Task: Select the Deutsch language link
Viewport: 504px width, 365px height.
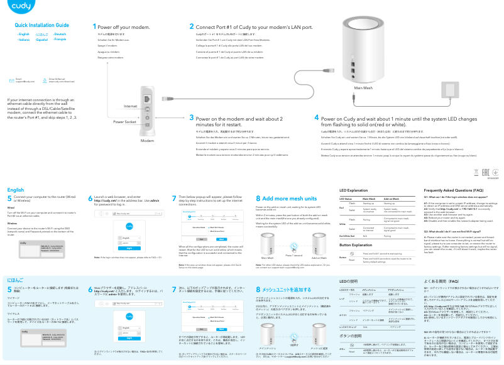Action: click(x=61, y=34)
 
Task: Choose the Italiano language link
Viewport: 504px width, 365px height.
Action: click(x=24, y=40)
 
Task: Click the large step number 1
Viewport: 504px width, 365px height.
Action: click(x=94, y=27)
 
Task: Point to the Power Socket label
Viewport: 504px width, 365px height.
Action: click(x=125, y=122)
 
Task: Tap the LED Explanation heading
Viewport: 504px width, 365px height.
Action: click(x=353, y=190)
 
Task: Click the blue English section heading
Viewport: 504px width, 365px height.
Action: click(x=15, y=190)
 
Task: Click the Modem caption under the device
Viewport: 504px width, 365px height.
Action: click(x=146, y=141)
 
